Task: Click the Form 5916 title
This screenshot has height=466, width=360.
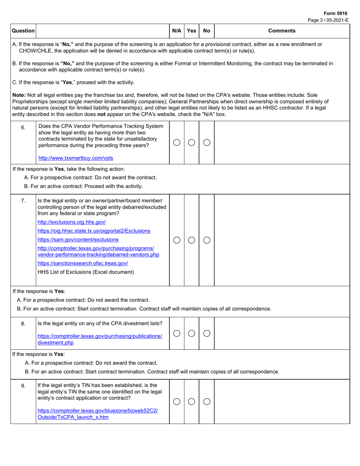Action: click(x=335, y=13)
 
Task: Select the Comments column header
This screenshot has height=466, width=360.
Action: click(x=282, y=31)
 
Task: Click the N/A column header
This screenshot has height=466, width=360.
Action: click(x=177, y=31)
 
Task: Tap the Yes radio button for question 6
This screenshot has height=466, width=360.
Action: click(x=192, y=142)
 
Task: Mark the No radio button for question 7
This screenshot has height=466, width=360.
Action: click(x=207, y=240)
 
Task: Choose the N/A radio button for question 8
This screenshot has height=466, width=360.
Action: click(x=177, y=333)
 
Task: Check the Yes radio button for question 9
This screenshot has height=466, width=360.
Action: click(x=192, y=402)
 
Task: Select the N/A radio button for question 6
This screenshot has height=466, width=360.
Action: click(x=177, y=142)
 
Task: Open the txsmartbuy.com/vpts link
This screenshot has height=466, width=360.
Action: click(x=75, y=158)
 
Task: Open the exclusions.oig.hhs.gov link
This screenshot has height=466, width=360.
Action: click(x=72, y=222)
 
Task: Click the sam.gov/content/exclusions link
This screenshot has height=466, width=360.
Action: click(x=78, y=239)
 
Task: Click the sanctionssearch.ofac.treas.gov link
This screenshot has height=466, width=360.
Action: click(x=83, y=263)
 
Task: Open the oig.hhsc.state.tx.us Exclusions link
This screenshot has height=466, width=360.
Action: click(x=94, y=231)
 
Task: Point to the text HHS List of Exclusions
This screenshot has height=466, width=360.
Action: click(x=86, y=272)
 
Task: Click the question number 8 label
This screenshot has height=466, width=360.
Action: click(x=23, y=324)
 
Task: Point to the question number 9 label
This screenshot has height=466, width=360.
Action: click(x=23, y=386)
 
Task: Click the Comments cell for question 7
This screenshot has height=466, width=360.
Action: click(x=282, y=240)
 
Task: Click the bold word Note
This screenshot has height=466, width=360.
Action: click(x=19, y=95)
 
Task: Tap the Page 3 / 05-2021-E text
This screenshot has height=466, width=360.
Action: click(x=328, y=20)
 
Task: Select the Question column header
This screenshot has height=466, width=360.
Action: click(x=23, y=31)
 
